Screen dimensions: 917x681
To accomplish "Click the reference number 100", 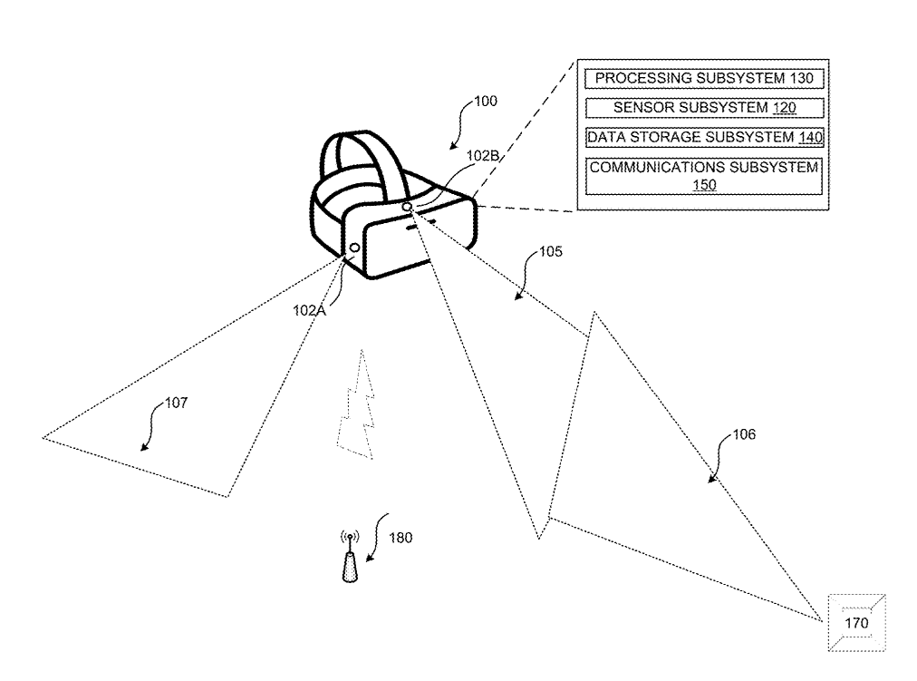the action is click(486, 102).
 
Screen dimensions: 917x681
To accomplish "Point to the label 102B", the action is click(482, 156).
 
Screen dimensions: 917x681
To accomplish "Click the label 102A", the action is click(309, 311).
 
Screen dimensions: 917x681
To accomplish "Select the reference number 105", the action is click(550, 251).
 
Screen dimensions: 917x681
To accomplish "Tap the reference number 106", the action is click(744, 434).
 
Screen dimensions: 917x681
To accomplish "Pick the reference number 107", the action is click(176, 403).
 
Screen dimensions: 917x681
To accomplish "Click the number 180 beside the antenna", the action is click(401, 538).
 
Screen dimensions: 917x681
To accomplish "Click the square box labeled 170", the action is click(857, 622).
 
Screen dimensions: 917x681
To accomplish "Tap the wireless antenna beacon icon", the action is click(350, 557).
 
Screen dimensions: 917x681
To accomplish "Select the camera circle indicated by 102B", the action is click(407, 207).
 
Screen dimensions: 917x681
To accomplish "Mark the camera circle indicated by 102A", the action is click(354, 248).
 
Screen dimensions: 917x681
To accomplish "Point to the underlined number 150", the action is click(704, 186).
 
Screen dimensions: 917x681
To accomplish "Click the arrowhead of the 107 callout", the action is click(144, 448).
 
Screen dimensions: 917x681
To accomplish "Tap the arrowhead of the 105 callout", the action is click(518, 296).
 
